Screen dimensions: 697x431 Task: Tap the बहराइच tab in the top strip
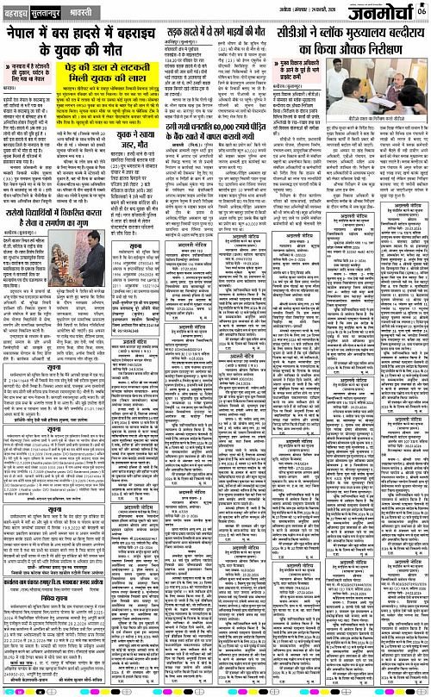pyautogui.click(x=17, y=15)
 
